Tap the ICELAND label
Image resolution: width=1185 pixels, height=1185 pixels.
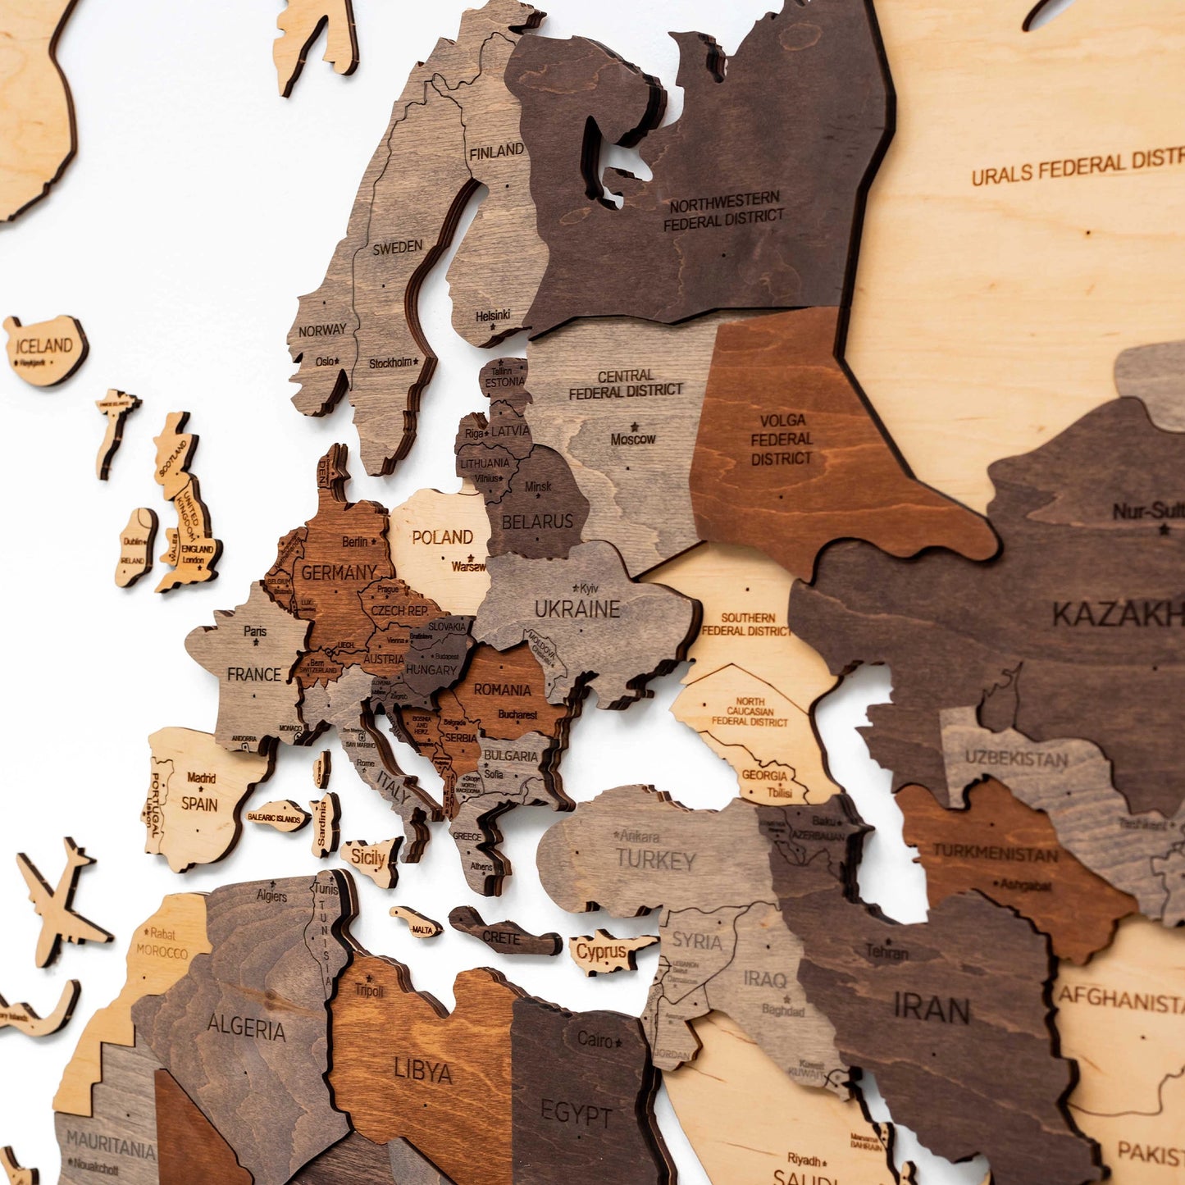point(44,345)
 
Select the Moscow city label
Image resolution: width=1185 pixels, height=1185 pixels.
point(633,439)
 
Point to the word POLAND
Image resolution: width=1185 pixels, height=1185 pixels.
point(442,537)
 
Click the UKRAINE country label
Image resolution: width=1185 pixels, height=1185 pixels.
point(577,609)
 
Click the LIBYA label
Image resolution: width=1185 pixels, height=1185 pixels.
point(423,1071)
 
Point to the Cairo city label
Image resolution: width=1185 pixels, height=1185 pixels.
point(595,1040)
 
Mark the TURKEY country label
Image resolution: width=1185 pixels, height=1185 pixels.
point(655,860)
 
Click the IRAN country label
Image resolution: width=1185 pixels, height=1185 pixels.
point(932,1009)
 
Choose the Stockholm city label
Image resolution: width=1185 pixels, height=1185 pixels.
point(390,362)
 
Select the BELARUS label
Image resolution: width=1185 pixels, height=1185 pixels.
point(537,522)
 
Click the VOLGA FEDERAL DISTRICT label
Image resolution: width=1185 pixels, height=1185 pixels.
point(781,440)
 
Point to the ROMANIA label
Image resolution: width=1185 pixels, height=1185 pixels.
point(502,690)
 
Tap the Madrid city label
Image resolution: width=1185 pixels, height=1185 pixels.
point(201,777)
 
